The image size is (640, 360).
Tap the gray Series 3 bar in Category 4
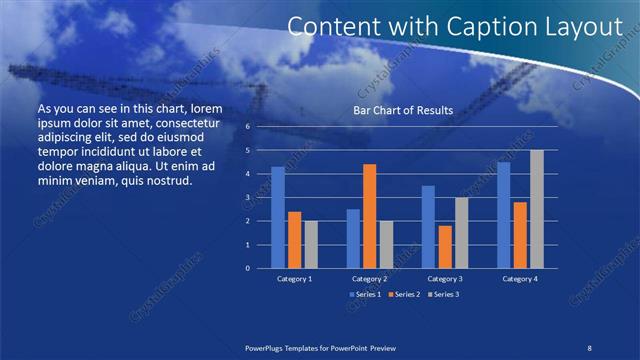[537, 209]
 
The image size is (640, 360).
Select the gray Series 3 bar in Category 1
[311, 244]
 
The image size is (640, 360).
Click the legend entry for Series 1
[366, 294]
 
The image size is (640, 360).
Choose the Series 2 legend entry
[403, 294]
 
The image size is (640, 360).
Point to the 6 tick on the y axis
[247, 127]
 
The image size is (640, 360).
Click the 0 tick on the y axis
[247, 268]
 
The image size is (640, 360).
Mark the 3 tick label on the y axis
[247, 198]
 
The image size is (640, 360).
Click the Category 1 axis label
[295, 279]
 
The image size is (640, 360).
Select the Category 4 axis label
[520, 279]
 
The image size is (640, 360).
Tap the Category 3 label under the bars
[444, 279]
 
